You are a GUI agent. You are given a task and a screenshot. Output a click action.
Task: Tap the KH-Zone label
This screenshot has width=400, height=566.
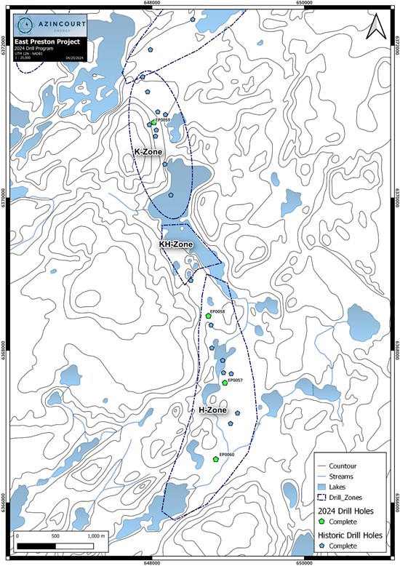click(175, 244)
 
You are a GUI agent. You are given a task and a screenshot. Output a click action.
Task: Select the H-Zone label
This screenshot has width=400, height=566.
click(213, 410)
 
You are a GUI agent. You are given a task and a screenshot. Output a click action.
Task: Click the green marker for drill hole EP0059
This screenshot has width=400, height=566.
click(153, 122)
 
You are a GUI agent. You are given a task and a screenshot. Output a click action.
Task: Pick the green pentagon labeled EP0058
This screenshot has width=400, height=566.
click(208, 316)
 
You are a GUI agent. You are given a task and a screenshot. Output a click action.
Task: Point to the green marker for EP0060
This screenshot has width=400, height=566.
click(216, 459)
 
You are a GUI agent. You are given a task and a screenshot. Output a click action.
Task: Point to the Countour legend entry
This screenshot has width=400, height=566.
click(346, 464)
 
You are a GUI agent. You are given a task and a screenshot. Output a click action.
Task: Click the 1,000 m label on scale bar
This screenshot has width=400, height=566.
click(95, 535)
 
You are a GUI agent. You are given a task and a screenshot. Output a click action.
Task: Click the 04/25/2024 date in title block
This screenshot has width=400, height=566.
click(74, 57)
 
